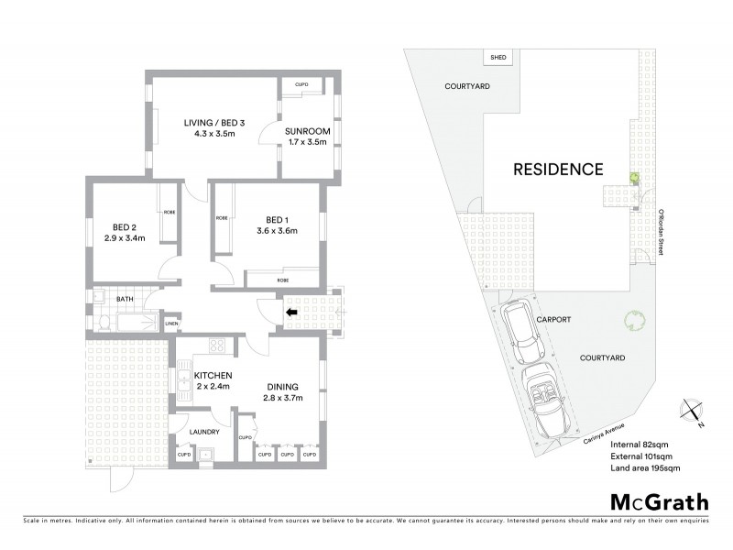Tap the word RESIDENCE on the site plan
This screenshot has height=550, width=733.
pyautogui.click(x=557, y=169)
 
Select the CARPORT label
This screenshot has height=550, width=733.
pyautogui.click(x=553, y=320)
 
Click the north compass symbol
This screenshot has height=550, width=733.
pyautogui.click(x=691, y=413)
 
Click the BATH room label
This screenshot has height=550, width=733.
pyautogui.click(x=125, y=298)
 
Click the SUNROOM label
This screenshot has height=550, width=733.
pyautogui.click(x=309, y=131)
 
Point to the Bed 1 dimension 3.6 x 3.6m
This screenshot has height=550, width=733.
pyautogui.click(x=275, y=231)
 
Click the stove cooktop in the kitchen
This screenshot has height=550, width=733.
pyautogui.click(x=217, y=346)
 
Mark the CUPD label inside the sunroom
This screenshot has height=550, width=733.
pyautogui.click(x=301, y=85)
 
